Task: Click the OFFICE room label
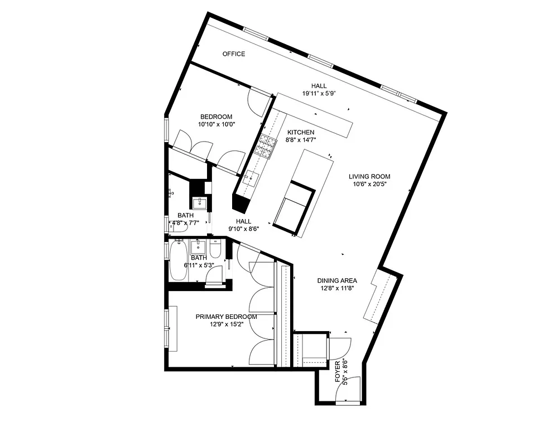pos(233,54)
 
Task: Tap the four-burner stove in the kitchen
pos(266,146)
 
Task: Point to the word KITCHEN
pos(301,132)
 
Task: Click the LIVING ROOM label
pos(369,177)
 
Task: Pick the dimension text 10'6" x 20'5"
pos(369,184)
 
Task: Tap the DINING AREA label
pos(337,280)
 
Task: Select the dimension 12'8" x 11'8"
pos(337,288)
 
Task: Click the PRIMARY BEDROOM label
pos(226,317)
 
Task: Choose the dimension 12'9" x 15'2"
pos(226,324)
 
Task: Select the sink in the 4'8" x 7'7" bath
pos(199,202)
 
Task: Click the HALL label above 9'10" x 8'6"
pos(243,221)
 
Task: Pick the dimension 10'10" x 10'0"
pos(217,124)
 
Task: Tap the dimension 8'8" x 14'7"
pos(301,139)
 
